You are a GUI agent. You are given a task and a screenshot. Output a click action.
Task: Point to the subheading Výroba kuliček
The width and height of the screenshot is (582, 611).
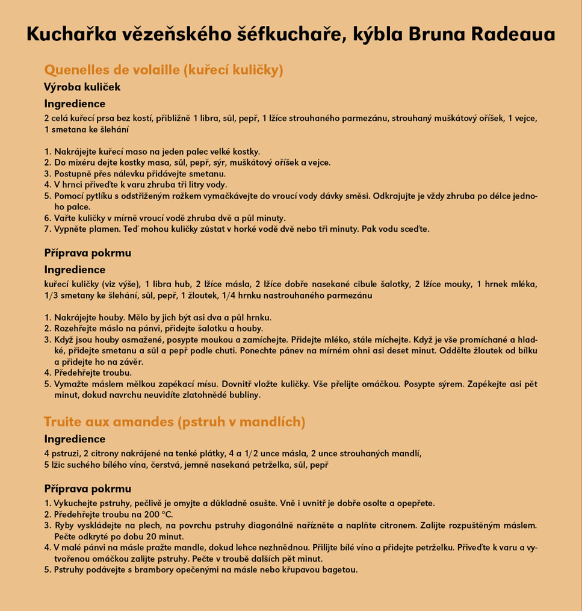coord(82,87)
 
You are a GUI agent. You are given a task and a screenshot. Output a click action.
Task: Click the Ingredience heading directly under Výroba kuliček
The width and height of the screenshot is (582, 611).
coord(75,104)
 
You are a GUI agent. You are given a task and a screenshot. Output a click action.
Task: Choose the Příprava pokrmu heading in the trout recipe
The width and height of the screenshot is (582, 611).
coord(87,489)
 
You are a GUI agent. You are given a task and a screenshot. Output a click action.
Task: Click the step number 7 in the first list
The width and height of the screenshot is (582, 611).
coord(47,229)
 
